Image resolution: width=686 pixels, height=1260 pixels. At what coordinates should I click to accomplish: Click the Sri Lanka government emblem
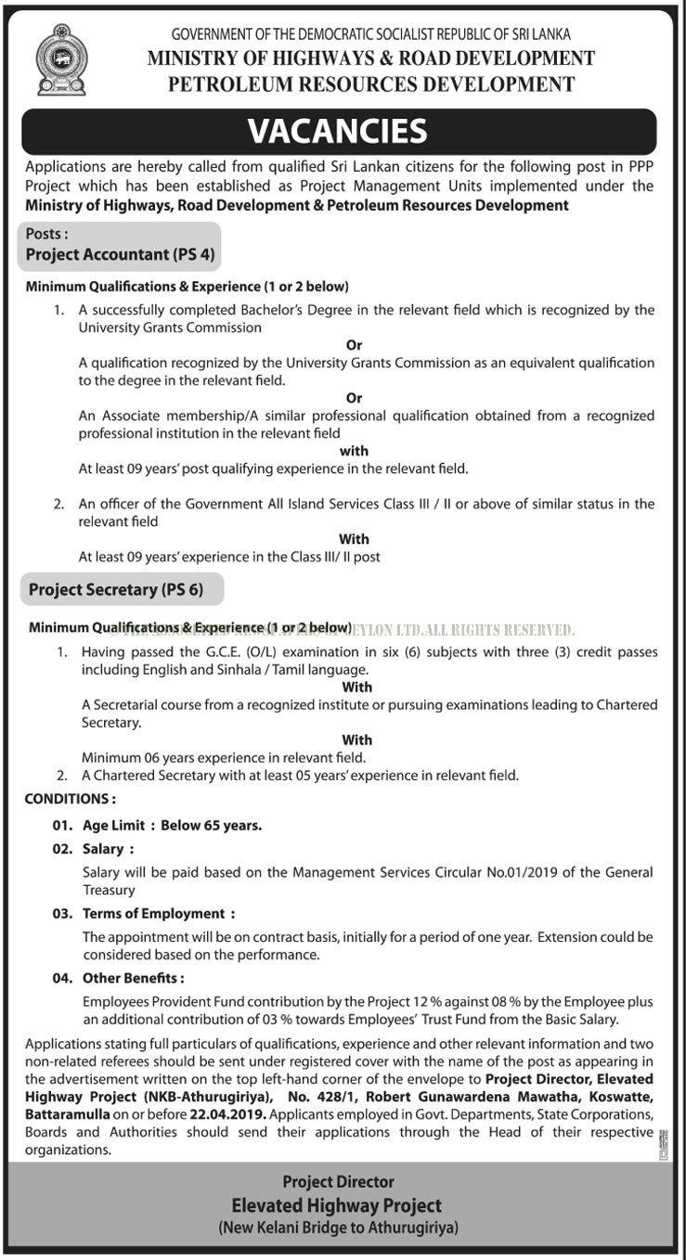[60, 61]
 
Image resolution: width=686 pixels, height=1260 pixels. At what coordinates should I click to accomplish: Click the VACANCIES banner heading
[338, 131]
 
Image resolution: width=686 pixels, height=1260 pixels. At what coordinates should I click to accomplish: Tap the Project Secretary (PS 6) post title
[115, 588]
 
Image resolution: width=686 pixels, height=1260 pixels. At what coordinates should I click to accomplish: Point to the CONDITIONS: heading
[71, 798]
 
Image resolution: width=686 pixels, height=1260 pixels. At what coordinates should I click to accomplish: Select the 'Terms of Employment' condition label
[153, 913]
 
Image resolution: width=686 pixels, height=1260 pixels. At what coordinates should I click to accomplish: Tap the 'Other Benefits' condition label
[133, 977]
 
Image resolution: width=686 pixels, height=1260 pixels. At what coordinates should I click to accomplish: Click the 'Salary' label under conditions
[103, 848]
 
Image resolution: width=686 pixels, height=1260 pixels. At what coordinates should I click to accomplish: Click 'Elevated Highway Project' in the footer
[338, 1205]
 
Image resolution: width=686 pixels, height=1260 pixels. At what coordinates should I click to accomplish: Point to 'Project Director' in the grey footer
[338, 1181]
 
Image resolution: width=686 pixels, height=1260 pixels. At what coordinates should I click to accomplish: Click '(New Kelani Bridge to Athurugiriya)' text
[338, 1228]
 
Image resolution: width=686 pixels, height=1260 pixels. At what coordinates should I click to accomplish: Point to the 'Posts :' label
[46, 234]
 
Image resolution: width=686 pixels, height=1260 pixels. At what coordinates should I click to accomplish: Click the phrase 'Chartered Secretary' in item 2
[154, 775]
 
